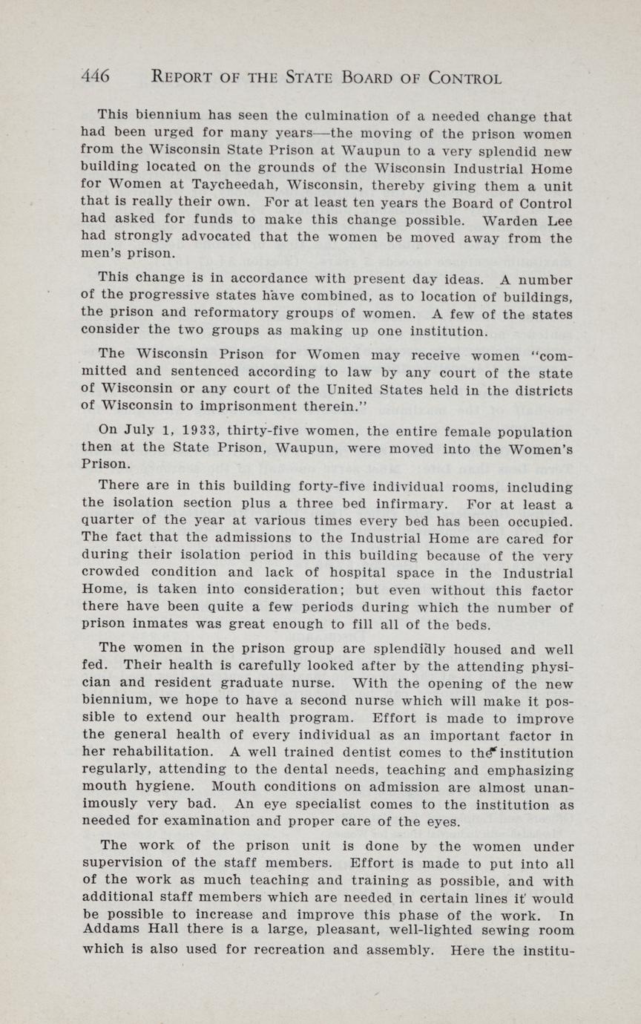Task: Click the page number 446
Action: tap(96, 76)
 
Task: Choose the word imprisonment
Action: tap(258, 406)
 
